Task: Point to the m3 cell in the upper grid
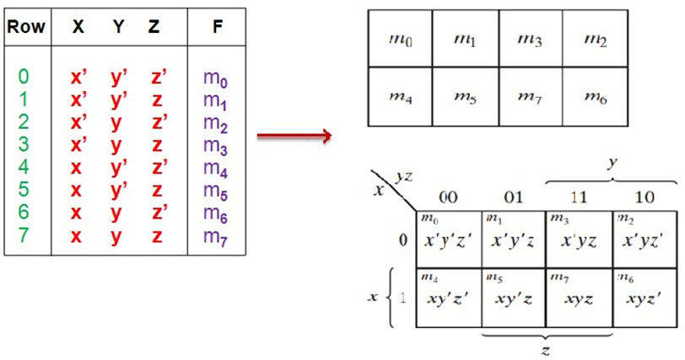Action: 531,39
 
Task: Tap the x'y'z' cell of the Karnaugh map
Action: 449,239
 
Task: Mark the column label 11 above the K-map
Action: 579,198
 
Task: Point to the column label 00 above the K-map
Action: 449,198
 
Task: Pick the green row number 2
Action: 24,122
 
